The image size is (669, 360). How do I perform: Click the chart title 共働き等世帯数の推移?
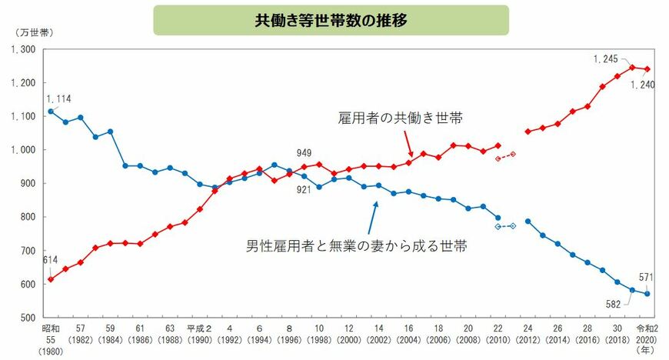click(331, 20)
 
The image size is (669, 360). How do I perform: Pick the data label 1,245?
click(607, 58)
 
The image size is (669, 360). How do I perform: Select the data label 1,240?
click(643, 84)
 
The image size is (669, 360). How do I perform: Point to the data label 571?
click(644, 278)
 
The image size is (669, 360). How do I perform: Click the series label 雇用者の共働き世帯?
click(401, 118)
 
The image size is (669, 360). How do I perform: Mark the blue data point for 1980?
click(51, 112)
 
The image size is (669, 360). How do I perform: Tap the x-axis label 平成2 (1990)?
click(200, 332)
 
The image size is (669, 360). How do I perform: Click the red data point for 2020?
click(647, 69)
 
